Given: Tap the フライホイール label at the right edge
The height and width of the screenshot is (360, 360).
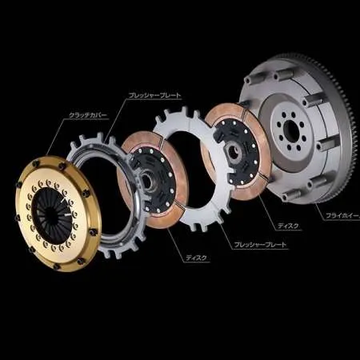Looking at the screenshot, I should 342,216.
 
